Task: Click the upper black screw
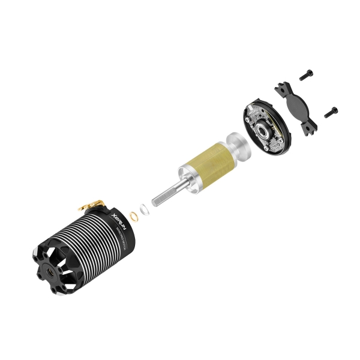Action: pos(306,76)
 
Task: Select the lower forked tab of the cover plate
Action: pos(311,127)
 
